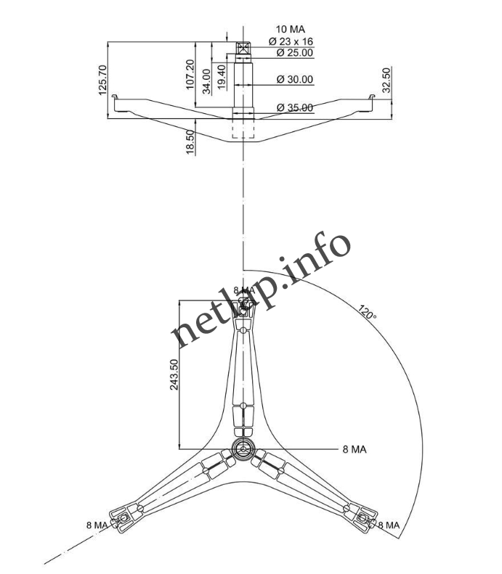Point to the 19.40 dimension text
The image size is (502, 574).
(x=222, y=76)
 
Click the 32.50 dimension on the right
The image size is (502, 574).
(x=386, y=81)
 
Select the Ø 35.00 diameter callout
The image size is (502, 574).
(x=295, y=107)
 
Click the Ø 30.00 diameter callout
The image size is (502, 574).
(x=295, y=79)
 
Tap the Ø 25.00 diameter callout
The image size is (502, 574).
(x=295, y=53)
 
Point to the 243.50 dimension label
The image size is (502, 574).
(x=174, y=374)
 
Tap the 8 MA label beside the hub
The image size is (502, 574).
(x=354, y=449)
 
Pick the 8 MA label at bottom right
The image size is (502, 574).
(x=389, y=525)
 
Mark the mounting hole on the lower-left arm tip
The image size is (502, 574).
(x=124, y=517)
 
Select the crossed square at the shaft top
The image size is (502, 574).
(x=243, y=49)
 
